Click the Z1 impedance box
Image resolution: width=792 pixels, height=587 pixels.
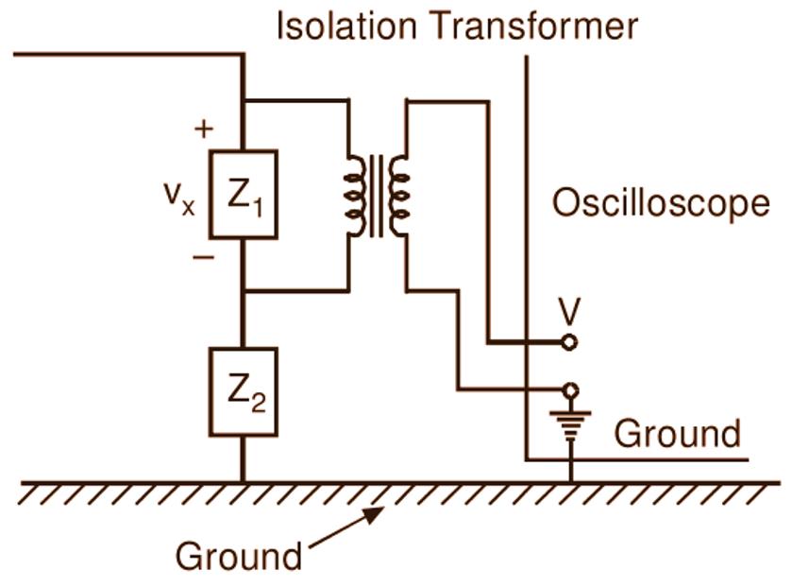click(243, 194)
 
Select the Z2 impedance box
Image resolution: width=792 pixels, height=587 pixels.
click(243, 391)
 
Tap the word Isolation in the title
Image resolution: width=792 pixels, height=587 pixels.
click(345, 26)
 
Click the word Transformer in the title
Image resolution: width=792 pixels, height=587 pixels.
click(532, 26)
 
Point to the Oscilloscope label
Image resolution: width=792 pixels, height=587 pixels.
click(660, 203)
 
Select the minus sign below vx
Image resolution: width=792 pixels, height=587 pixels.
click(203, 256)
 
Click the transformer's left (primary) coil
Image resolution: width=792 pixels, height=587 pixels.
click(356, 195)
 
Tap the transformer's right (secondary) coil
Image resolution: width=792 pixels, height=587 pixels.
click(399, 195)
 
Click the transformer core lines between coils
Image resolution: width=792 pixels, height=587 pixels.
click(378, 195)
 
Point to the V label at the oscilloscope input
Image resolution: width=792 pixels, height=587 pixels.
click(568, 311)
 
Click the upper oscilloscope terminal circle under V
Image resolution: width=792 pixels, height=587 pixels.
click(569, 342)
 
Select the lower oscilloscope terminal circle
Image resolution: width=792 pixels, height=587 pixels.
click(569, 389)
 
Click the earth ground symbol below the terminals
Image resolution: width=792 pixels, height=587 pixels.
click(569, 424)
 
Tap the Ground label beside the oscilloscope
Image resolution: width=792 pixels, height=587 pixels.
click(677, 434)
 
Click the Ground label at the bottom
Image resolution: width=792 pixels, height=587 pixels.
click(239, 556)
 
